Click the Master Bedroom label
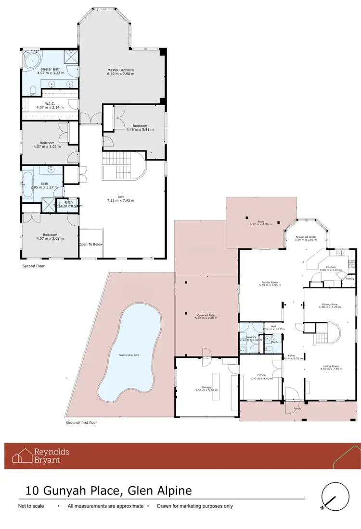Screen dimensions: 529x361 [120, 70]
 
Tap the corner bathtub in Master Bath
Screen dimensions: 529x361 [33, 61]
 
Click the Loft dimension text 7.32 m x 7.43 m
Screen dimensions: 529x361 [120, 200]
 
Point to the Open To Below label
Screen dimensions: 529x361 [91, 244]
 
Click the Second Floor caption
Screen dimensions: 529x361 [34, 265]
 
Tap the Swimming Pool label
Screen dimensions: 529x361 [129, 355]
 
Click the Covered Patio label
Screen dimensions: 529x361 [206, 315]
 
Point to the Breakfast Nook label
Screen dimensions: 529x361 [306, 237]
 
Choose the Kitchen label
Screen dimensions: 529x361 [331, 267]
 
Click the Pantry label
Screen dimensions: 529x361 [350, 278]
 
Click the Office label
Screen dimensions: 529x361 [261, 375]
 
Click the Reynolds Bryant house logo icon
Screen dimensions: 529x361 [22, 455]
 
